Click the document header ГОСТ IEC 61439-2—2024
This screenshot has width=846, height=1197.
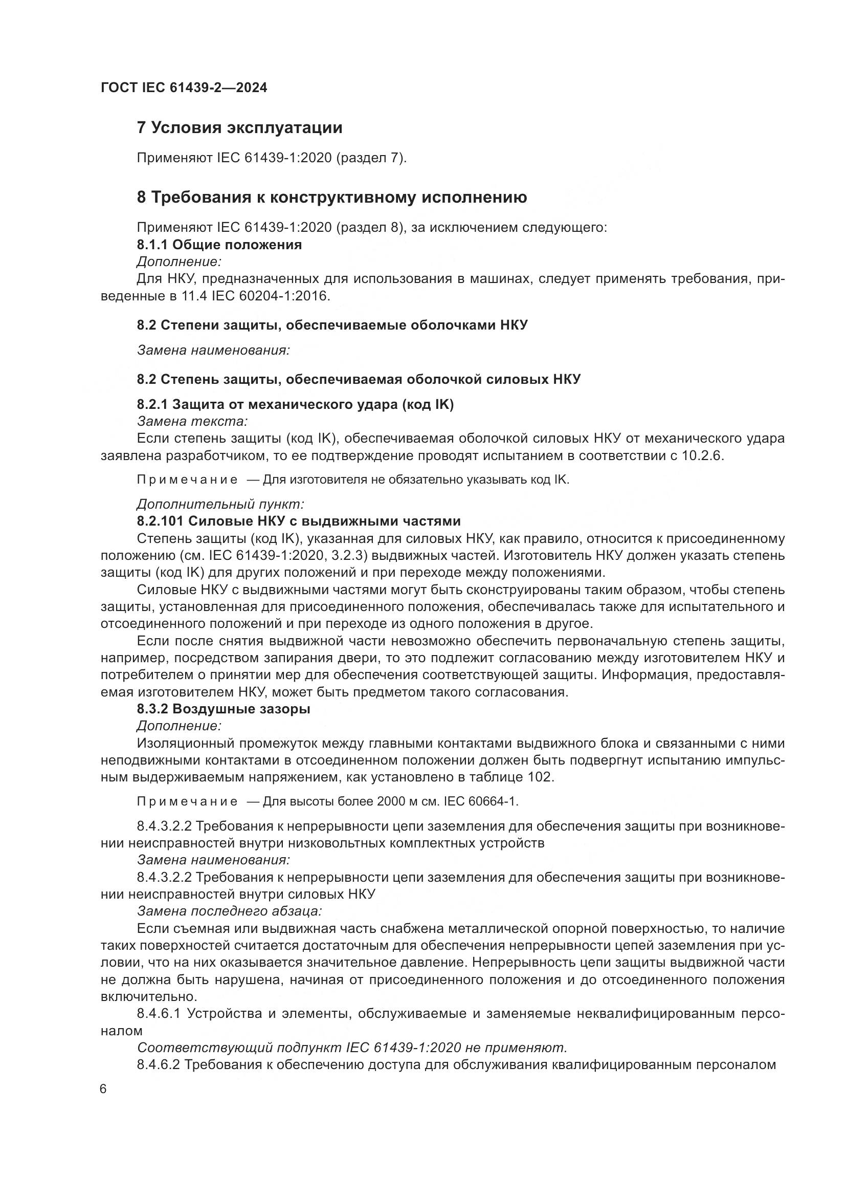click(184, 88)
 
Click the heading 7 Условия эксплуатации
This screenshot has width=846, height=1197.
click(239, 128)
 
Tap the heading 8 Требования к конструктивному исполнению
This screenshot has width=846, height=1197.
click(332, 197)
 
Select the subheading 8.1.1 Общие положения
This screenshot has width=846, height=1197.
click(219, 245)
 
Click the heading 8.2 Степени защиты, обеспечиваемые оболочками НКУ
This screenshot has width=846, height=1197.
click(332, 325)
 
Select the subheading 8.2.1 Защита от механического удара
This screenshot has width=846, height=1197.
click(295, 404)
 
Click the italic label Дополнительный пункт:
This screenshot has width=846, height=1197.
click(220, 504)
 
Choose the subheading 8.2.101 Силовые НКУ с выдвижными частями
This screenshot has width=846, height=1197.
click(299, 521)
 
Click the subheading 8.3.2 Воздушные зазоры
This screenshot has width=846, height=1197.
click(224, 709)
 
